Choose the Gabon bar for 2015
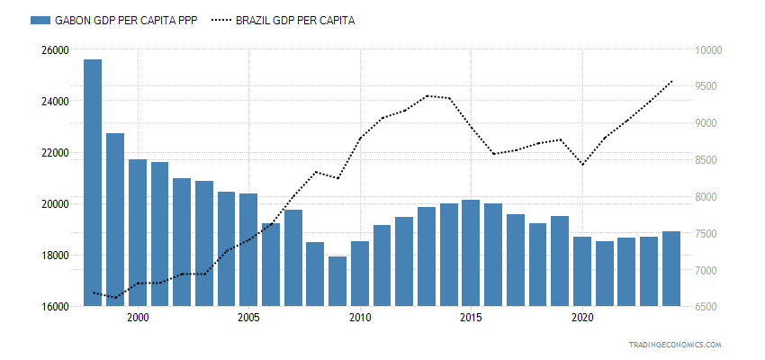tap(471, 253)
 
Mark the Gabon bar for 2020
tap(582, 271)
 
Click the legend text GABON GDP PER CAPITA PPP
tap(126, 21)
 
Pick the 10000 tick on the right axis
tap(707, 49)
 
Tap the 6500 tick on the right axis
tap(706, 307)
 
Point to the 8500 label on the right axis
tap(706, 160)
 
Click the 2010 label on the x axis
tap(360, 319)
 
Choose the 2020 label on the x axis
tap(582, 319)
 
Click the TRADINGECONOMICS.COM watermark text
tap(676, 345)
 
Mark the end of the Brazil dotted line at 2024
tap(671, 82)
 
